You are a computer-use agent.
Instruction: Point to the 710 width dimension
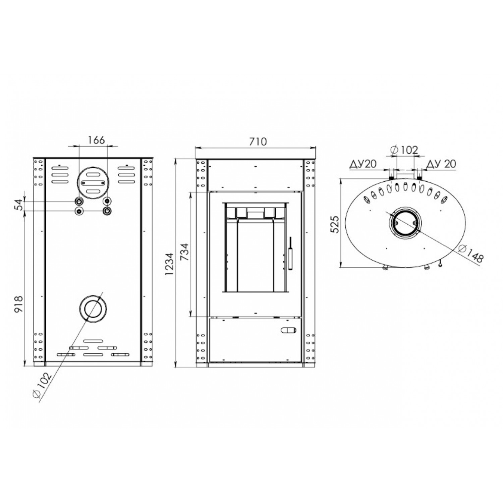(258, 142)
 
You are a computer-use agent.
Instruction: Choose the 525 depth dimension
(335, 224)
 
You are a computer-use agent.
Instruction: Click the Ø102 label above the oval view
(404, 150)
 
